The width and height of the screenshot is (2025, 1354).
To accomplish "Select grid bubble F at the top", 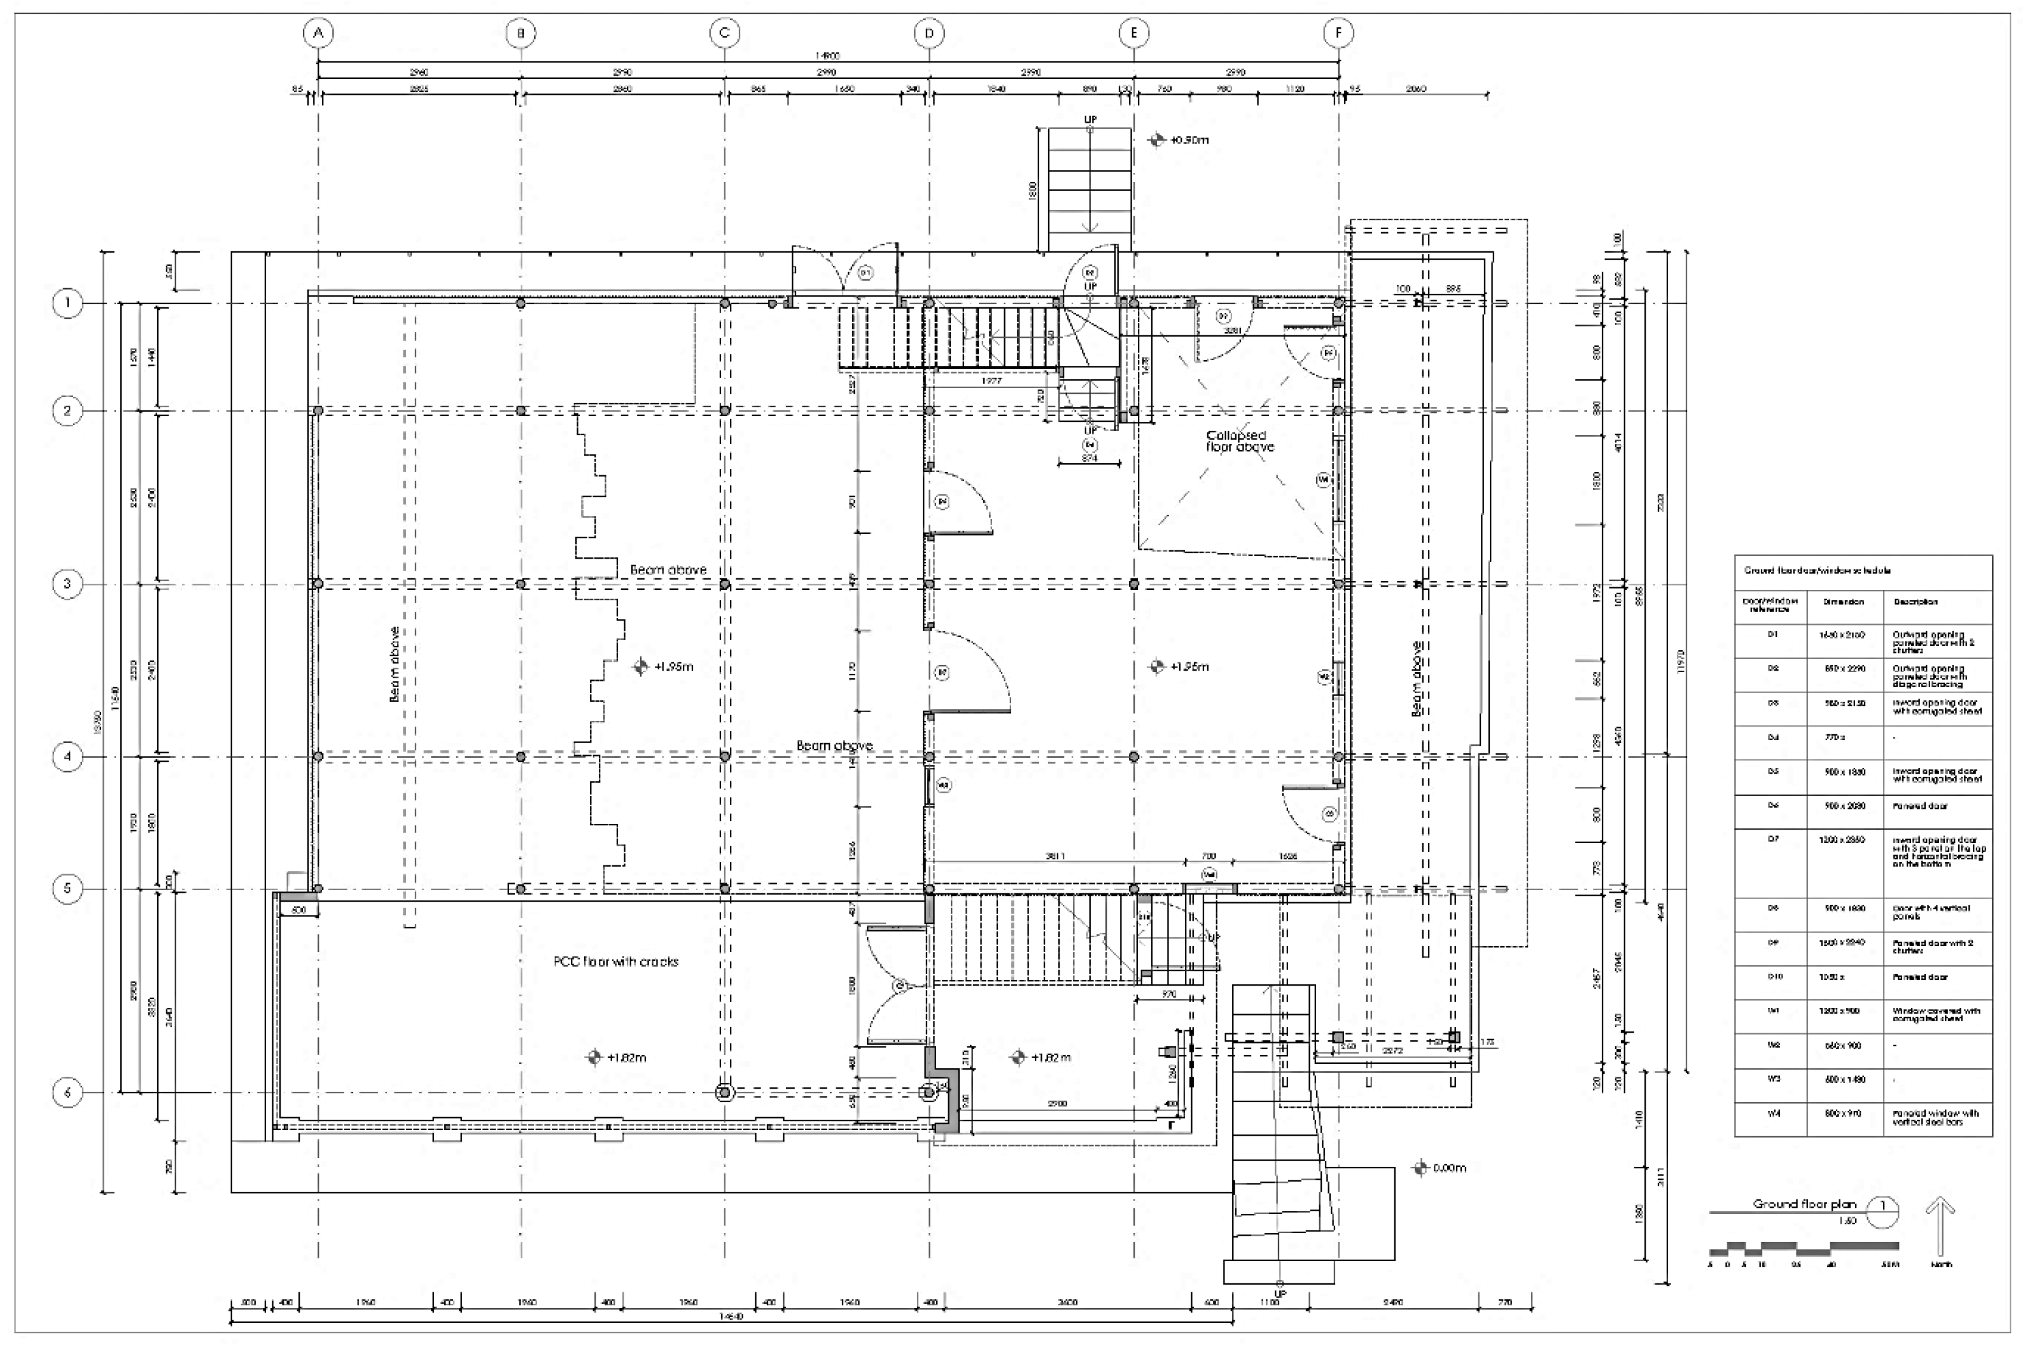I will tap(1338, 34).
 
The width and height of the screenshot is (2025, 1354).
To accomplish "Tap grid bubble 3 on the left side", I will tap(68, 583).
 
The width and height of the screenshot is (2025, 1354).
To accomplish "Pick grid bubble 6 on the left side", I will tap(68, 1092).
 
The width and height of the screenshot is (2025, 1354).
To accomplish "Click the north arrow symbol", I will tap(1940, 1227).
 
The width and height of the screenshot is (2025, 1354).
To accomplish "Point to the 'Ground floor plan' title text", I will tap(1804, 1204).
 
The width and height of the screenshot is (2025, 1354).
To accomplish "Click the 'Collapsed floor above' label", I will tap(1239, 442).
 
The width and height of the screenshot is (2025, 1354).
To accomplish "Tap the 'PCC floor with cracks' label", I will tap(615, 961).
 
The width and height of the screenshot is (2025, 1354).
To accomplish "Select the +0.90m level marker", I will tap(1181, 140).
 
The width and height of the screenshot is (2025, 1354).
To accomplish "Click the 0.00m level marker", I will tap(1440, 1168).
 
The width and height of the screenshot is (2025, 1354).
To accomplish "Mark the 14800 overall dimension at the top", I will tap(827, 56).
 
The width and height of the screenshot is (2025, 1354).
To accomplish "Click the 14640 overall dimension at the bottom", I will tap(731, 1317).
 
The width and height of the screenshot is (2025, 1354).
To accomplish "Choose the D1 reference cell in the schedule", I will tap(1773, 635).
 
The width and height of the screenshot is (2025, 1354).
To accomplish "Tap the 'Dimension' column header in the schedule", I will tap(1844, 602).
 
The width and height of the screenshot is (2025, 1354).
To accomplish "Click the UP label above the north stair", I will tap(1091, 119).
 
